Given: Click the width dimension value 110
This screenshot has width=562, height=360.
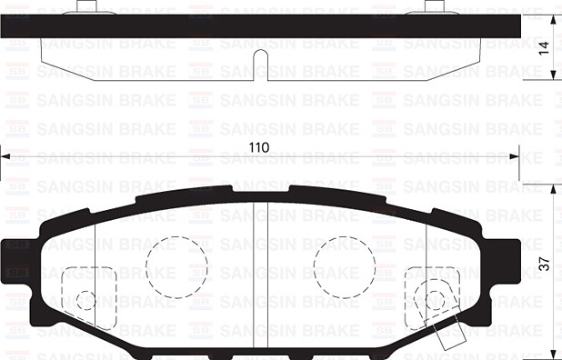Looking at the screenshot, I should point(262,146).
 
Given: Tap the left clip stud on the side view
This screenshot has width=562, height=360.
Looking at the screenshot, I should point(86,8).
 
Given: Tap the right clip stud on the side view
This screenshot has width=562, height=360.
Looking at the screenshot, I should point(439,8).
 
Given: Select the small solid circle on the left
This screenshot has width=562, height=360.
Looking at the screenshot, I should point(86,300).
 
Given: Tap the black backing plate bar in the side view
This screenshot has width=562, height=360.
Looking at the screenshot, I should point(262,26).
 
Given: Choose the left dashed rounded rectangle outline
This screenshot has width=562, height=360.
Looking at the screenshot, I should point(88,294).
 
